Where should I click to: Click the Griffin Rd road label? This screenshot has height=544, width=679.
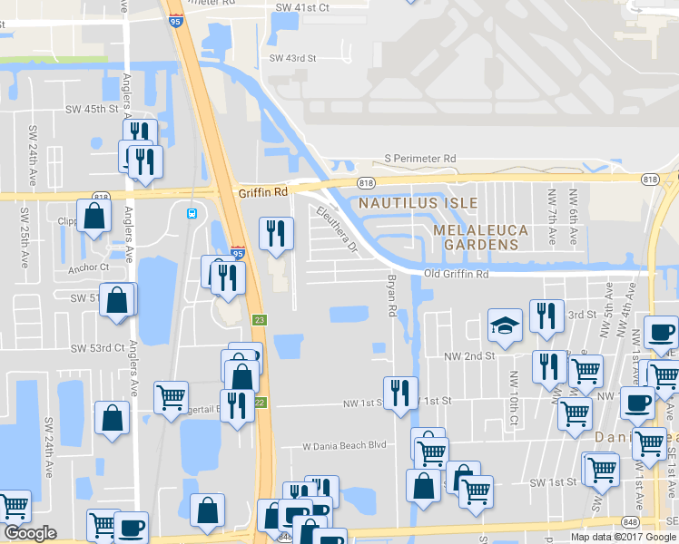click(263, 192)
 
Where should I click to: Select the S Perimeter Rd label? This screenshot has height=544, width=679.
click(420, 159)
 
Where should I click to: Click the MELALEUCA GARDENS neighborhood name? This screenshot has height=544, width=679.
click(480, 238)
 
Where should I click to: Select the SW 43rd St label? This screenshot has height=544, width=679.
click(292, 58)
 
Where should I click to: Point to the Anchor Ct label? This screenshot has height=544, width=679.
click(88, 267)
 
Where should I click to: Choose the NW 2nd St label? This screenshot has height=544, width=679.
click(470, 356)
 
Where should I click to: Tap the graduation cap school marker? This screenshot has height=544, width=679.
click(505, 326)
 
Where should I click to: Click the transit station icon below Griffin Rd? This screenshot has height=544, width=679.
click(192, 214)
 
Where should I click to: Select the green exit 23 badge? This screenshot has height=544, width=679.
click(259, 320)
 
